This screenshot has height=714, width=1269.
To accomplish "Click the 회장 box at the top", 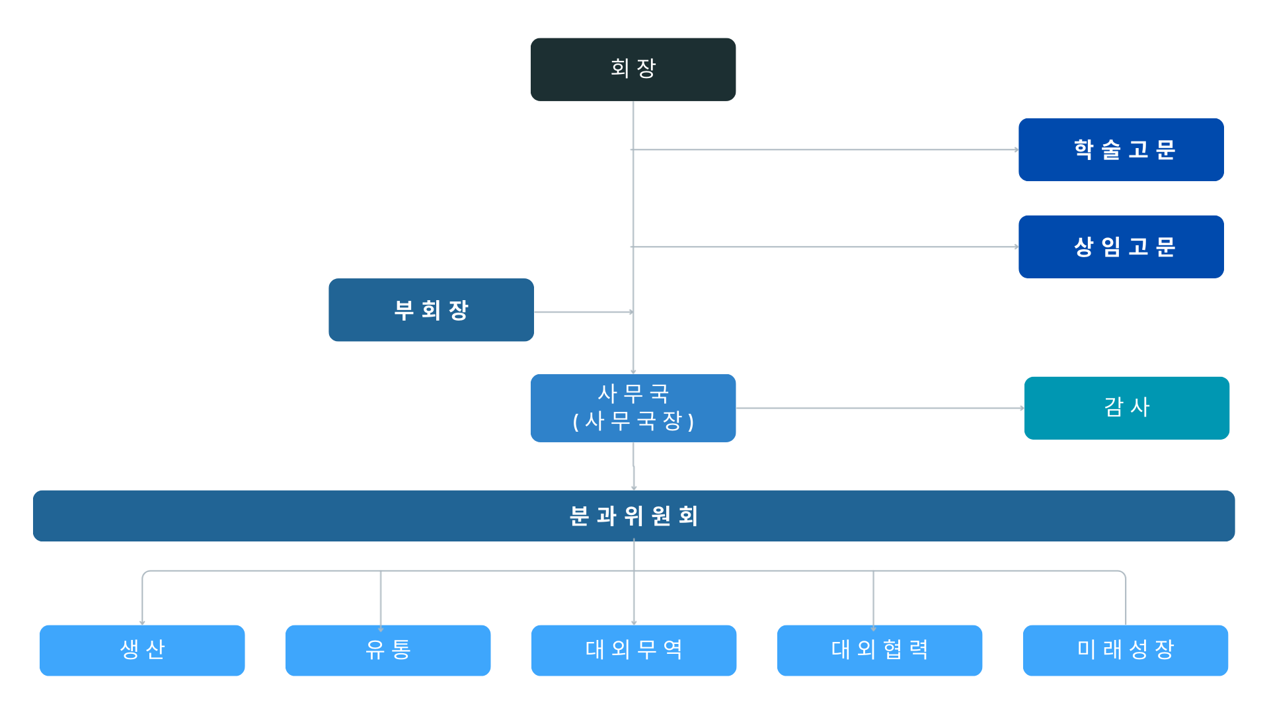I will pos(633,69).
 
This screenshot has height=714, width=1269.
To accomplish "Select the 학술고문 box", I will pos(1121,149).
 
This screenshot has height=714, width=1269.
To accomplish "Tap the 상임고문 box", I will pos(1121,247).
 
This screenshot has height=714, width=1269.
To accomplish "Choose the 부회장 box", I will pos(431,309).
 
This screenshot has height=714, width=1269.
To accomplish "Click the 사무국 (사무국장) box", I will pos(633,407).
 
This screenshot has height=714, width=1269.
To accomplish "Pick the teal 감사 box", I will pos(1126,408).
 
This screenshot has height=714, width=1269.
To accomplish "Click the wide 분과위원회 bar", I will pos(633,516).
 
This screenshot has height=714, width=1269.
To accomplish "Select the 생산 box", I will pos(142,650).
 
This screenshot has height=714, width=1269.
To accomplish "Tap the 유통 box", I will pos(388,650).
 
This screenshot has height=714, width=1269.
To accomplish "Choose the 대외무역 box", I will pos(633,650).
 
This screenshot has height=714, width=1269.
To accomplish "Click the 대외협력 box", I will pos(879,650).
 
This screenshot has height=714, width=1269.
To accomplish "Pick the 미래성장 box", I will pos(1125,650).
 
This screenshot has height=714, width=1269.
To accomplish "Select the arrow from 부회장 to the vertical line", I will pos(583,312).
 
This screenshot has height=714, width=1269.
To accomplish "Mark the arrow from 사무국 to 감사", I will pos(879,408).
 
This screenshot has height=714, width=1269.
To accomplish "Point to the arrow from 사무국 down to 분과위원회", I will pos(634,467).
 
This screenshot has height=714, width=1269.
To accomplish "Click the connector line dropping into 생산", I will pos(142,598).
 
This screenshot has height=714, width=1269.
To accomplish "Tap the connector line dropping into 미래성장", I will pos(1126,598).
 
